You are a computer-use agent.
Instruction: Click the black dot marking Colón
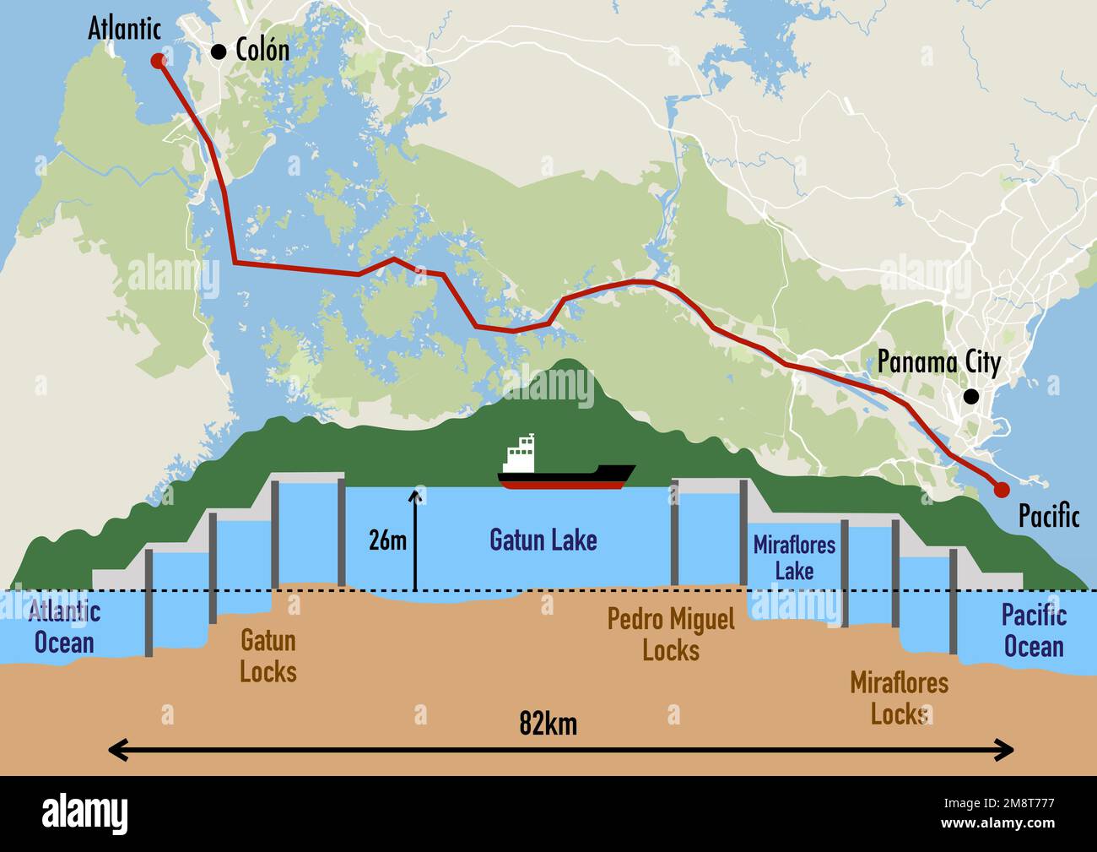pyautogui.click(x=219, y=52)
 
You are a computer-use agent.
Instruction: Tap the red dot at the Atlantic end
pyautogui.click(x=157, y=61)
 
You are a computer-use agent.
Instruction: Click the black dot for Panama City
pyautogui.click(x=971, y=395)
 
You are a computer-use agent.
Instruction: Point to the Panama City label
pyautogui.click(x=938, y=362)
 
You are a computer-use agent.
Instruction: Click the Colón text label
pyautogui.click(x=262, y=51)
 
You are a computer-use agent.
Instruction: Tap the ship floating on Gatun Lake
pyautogui.click(x=565, y=473)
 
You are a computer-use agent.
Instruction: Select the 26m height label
pyautogui.click(x=387, y=540)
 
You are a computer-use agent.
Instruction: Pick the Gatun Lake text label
pyautogui.click(x=543, y=540)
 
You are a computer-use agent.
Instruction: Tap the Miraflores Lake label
pyautogui.click(x=794, y=557)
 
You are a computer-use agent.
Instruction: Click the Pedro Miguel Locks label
pyautogui.click(x=671, y=635)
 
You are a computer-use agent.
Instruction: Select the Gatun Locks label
pyautogui.click(x=267, y=656)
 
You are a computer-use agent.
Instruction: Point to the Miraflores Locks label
pyautogui.click(x=899, y=698)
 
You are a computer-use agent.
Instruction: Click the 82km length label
pyautogui.click(x=548, y=724)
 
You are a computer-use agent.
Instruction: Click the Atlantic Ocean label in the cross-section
pyautogui.click(x=64, y=627)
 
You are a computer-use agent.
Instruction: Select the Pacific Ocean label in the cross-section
pyautogui.click(x=1034, y=632)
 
